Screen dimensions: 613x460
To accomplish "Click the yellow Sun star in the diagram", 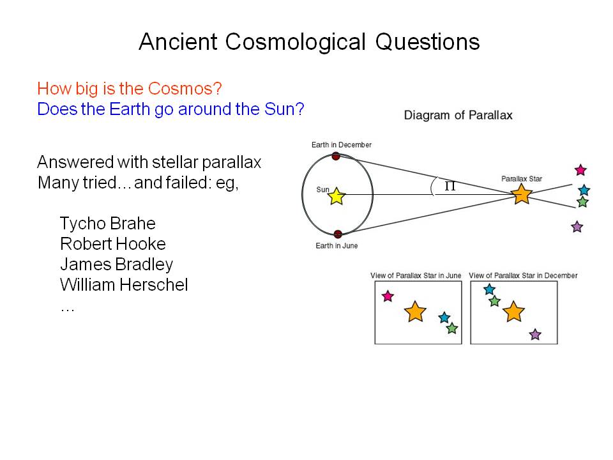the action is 337,196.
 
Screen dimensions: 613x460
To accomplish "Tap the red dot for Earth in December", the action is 336,156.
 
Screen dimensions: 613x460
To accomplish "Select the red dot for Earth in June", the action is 338,234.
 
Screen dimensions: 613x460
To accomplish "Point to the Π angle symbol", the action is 450,186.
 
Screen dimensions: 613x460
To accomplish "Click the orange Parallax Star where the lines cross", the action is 522,194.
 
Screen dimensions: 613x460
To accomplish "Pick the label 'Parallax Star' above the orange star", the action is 522,179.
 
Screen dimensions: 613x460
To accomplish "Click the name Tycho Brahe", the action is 107,224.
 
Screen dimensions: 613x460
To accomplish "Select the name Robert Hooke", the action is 113,243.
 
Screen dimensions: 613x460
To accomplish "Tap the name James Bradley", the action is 116,264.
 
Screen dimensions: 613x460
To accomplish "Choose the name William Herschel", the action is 124,284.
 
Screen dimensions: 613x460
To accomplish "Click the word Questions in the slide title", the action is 427,42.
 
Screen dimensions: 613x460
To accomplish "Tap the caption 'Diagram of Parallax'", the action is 458,115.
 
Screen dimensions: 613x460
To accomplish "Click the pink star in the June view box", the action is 388,296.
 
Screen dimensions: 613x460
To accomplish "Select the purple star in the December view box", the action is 535,334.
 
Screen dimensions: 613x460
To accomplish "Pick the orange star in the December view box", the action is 513,311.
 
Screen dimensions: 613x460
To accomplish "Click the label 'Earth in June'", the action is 337,245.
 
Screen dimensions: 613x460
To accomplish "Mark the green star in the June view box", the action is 452,328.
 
